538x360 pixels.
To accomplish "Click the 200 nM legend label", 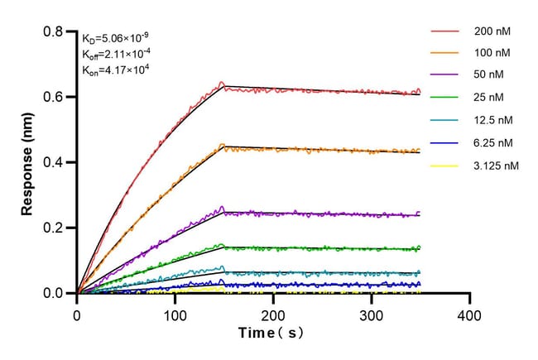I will (492, 31).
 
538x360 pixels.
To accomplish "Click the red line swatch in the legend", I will (444, 31).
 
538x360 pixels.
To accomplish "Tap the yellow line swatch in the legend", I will (444, 166).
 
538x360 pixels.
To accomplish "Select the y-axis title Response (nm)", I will (28, 162).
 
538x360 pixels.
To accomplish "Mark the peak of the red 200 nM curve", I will (222, 83).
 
